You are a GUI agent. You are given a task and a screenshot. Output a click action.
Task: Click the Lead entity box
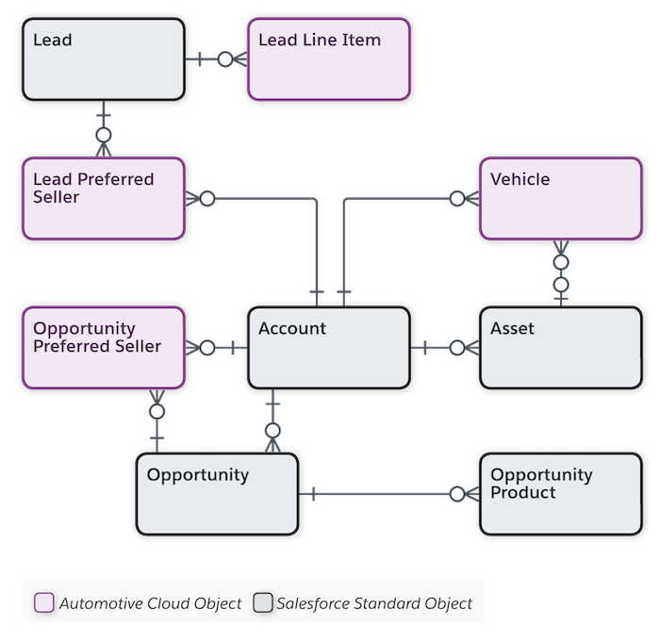(104, 59)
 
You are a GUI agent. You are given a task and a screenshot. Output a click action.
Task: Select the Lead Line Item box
(329, 59)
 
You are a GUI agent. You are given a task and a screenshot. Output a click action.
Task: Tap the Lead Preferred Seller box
(104, 199)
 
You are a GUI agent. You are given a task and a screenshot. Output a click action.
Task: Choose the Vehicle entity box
(561, 199)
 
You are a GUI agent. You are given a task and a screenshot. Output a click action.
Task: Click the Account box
(329, 348)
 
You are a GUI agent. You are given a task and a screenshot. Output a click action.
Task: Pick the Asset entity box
(561, 348)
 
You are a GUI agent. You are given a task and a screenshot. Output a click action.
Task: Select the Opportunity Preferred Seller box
(104, 348)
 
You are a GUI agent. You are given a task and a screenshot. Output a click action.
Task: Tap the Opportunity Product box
(561, 494)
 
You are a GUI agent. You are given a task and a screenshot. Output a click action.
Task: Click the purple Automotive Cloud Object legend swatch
(44, 602)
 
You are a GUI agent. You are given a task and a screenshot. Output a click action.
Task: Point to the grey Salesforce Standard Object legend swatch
(263, 602)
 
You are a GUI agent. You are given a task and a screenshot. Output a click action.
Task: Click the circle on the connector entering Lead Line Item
(225, 59)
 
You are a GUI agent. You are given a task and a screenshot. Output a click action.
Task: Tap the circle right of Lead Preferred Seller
(207, 199)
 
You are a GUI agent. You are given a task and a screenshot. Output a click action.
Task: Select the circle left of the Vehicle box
(457, 199)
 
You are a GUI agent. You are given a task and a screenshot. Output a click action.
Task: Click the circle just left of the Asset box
(457, 348)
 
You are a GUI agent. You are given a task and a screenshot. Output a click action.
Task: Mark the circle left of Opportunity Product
(457, 494)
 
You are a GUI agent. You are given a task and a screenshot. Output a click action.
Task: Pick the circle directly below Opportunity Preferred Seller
(157, 411)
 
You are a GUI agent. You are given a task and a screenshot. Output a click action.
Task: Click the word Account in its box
(292, 328)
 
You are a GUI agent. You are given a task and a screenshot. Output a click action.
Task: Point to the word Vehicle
(520, 179)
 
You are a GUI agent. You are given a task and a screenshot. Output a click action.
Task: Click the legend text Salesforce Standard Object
(374, 603)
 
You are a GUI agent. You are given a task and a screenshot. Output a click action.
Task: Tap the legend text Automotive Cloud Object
(150, 603)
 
